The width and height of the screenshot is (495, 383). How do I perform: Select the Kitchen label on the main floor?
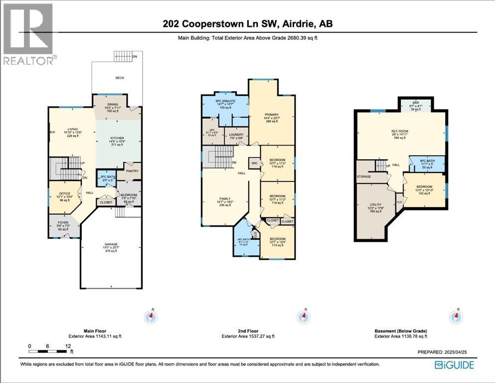click(117, 138)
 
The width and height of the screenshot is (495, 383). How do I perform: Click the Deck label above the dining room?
click(120, 78)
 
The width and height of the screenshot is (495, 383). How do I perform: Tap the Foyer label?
click(63, 222)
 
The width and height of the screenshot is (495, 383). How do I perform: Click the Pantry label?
click(132, 171)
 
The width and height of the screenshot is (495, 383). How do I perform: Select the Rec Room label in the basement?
click(400, 131)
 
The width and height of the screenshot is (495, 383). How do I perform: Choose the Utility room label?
click(374, 205)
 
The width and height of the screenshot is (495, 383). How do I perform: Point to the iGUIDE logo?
click(455, 365)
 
